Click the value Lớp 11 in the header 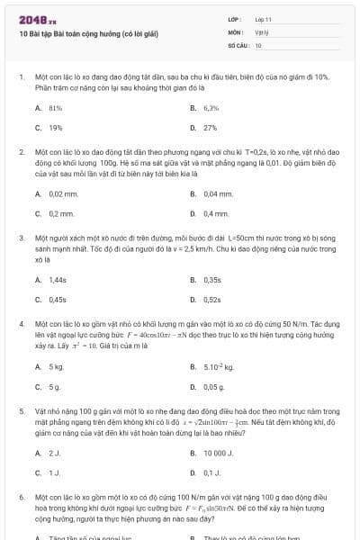(263, 19)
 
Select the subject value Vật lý (261, 31)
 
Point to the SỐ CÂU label (237, 44)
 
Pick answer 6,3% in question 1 (211, 108)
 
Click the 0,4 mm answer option (216, 213)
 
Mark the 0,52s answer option (212, 300)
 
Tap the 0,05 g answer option (213, 386)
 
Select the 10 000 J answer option (219, 453)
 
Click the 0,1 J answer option (212, 472)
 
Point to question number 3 (21, 238)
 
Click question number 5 (21, 409)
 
